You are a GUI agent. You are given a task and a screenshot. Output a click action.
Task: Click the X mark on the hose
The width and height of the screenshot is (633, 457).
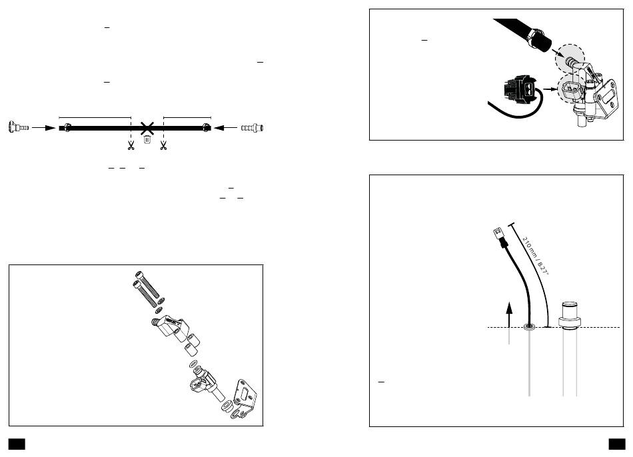(147, 129)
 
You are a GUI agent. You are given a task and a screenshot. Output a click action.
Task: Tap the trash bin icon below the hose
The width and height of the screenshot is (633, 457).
(147, 140)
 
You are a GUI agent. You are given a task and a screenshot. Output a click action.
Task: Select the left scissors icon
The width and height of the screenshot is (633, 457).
(131, 145)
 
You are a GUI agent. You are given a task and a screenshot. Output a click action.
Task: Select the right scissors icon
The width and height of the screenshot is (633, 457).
(163, 145)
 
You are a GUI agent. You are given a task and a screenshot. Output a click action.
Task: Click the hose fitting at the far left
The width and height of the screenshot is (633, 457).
(18, 127)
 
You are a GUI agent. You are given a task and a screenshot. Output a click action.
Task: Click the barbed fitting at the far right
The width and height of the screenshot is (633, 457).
(253, 128)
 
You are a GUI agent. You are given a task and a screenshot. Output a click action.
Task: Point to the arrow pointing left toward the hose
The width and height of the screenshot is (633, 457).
(226, 128)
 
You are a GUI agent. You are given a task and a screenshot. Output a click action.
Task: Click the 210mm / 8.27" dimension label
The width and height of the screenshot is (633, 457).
(536, 256)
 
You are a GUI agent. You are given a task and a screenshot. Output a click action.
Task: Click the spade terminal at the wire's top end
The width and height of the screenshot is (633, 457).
(499, 235)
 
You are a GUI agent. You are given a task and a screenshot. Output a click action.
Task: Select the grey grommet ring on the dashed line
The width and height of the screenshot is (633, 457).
(529, 326)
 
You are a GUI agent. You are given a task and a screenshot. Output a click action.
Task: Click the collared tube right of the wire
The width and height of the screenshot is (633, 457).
(570, 347)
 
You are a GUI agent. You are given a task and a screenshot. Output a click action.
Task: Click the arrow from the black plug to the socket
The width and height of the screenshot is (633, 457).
(550, 89)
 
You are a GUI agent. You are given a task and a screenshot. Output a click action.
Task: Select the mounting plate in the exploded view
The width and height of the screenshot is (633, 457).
(244, 398)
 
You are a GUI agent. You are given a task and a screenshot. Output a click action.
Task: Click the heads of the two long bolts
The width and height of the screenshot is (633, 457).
(138, 279)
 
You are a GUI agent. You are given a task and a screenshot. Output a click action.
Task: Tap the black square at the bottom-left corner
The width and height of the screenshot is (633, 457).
(17, 444)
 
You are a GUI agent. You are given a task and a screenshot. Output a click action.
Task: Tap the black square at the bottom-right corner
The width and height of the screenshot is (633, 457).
(617, 444)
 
